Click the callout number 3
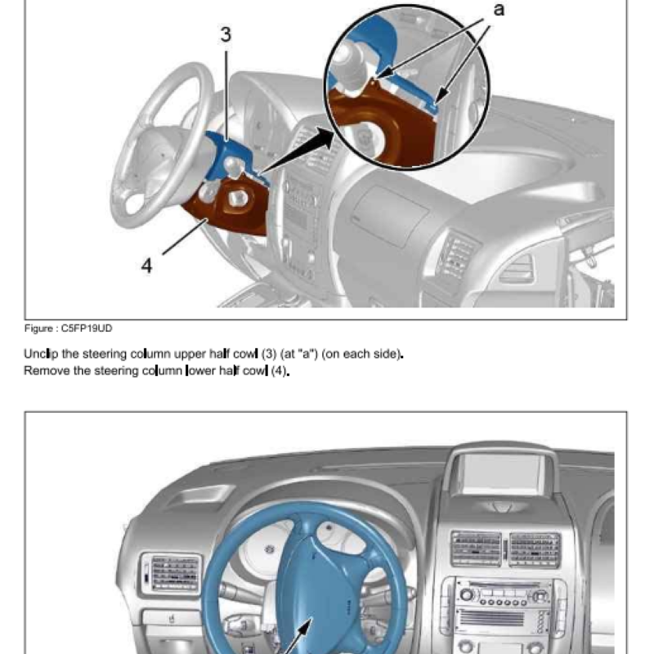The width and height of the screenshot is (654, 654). (226, 34)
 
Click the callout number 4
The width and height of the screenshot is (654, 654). (146, 266)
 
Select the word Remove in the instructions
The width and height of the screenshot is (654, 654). (45, 370)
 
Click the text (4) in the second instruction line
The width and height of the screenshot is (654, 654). (279, 370)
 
